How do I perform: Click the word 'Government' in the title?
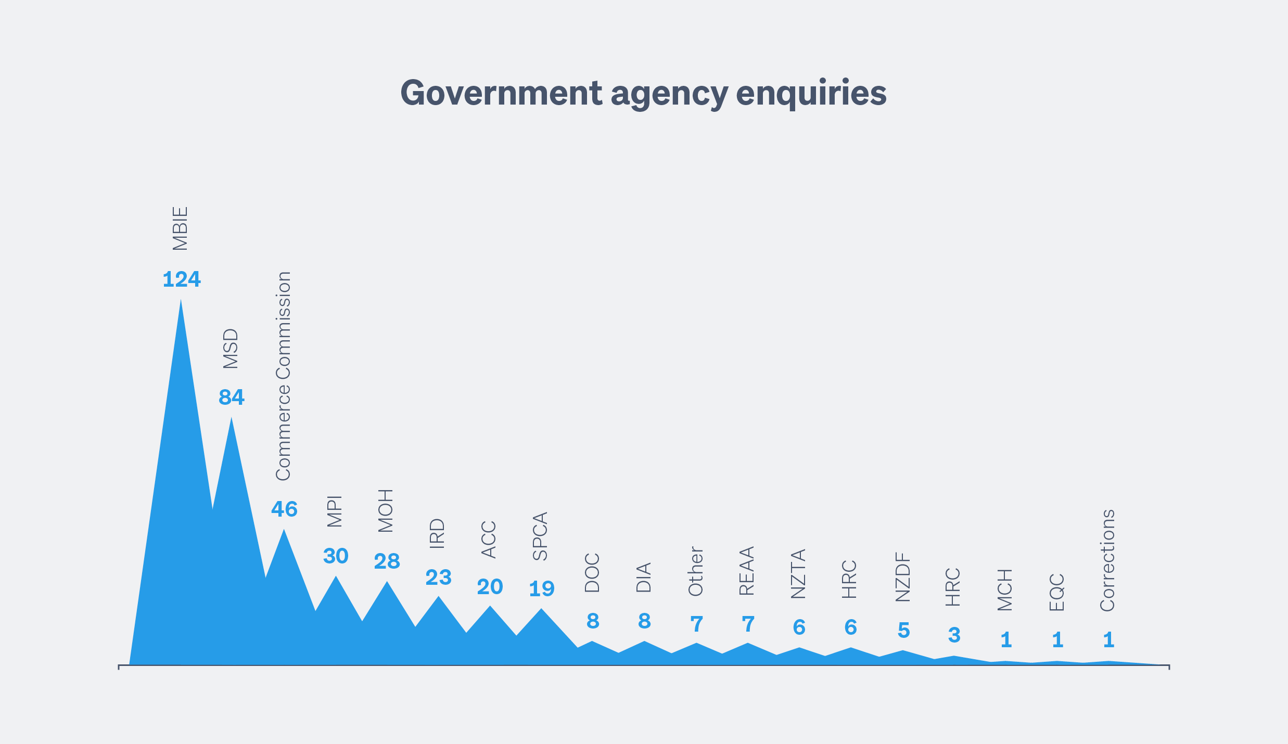[x=501, y=94]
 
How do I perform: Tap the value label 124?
[x=182, y=280]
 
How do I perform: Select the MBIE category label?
[x=180, y=229]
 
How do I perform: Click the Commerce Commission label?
[x=283, y=376]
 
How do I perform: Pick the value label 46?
[x=284, y=509]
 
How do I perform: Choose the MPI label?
[x=335, y=512]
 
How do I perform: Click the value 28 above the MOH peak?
[x=387, y=561]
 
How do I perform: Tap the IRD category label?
[x=437, y=534]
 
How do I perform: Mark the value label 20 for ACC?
[x=490, y=587]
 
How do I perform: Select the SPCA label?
[x=540, y=536]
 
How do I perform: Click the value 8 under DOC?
[x=593, y=621]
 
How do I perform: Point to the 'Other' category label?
[x=696, y=571]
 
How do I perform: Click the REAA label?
[x=747, y=571]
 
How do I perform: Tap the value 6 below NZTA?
[x=799, y=627]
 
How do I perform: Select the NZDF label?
[x=903, y=577]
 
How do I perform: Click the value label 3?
[x=954, y=635]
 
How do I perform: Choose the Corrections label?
[x=1107, y=560]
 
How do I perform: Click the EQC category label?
[x=1056, y=592]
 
